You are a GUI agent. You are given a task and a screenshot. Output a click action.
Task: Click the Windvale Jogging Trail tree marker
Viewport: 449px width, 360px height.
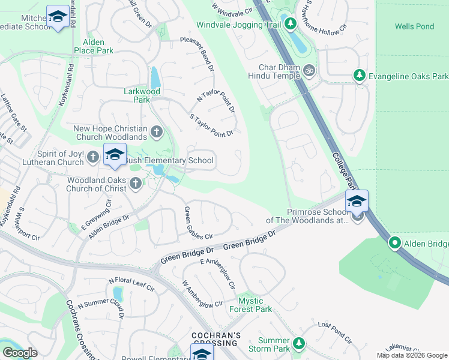pyautogui.click(x=291, y=24)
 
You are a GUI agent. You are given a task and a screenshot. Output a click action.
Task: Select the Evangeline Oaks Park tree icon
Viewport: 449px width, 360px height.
pyautogui.click(x=359, y=76)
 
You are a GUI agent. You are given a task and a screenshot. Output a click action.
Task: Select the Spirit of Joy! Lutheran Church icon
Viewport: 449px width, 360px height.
pyautogui.click(x=92, y=157)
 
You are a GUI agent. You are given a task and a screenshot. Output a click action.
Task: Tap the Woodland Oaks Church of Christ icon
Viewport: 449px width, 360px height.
pyautogui.click(x=136, y=184)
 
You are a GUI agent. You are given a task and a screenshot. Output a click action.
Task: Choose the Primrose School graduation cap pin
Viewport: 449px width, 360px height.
pyautogui.click(x=357, y=202)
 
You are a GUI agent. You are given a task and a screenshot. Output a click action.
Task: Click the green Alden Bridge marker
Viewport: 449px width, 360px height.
pyautogui.click(x=395, y=243)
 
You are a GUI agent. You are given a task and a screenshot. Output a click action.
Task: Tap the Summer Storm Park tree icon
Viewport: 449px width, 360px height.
pyautogui.click(x=299, y=344)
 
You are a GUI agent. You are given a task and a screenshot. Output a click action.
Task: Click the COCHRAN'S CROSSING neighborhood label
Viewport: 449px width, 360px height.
pyautogui.click(x=216, y=339)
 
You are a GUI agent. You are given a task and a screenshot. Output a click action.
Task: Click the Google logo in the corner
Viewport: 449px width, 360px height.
pyautogui.click(x=19, y=353)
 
